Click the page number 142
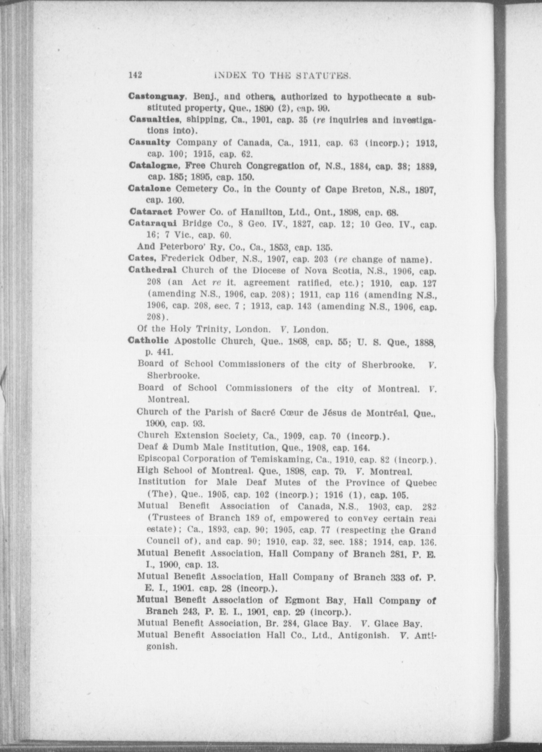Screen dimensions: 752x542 pos(135,75)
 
